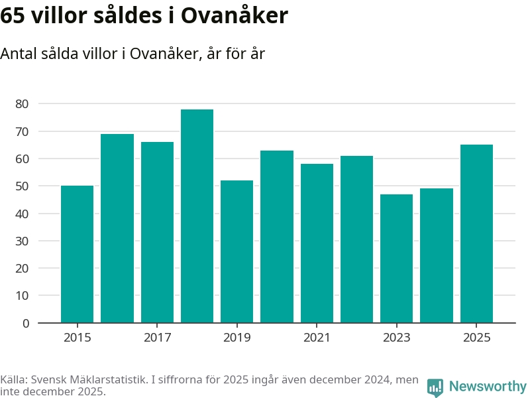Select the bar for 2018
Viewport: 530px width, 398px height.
point(197,216)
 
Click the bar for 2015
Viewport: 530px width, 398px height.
point(77,254)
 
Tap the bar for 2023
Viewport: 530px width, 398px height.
point(396,259)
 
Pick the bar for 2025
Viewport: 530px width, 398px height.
point(476,233)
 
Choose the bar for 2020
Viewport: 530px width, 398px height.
point(276,237)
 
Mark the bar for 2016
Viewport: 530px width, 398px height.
point(117,228)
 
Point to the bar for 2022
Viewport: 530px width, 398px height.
point(356,239)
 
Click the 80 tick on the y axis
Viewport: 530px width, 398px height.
point(22,104)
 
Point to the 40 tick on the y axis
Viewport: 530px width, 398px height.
point(22,214)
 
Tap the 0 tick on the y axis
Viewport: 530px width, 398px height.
point(25,323)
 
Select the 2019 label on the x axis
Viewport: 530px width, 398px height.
point(237,338)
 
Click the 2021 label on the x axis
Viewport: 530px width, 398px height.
point(317,338)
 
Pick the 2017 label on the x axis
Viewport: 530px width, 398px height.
point(157,338)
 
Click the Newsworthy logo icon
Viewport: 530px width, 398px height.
point(435,387)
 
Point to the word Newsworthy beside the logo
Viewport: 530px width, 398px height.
point(488,386)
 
